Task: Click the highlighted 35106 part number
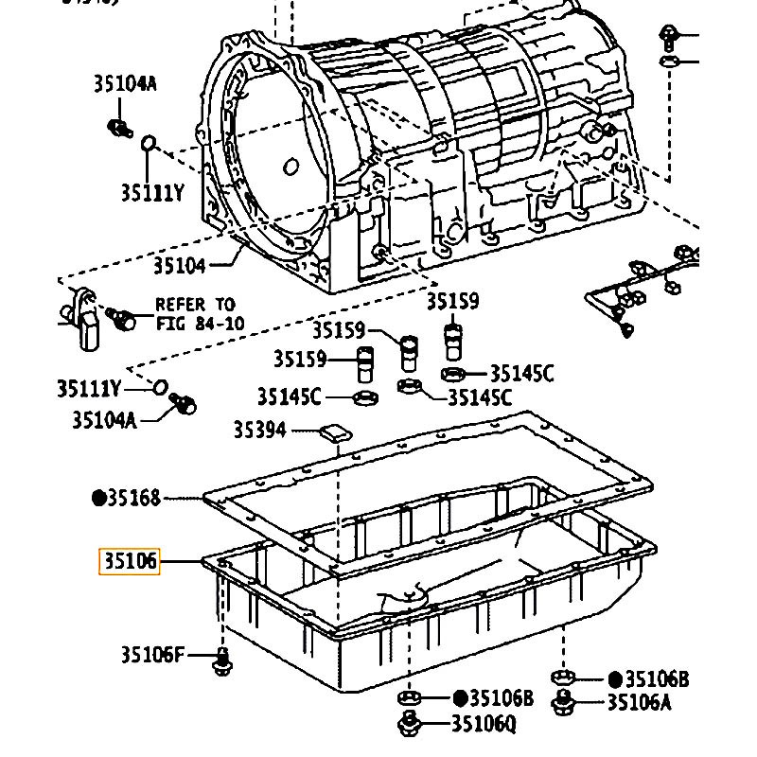tap(130, 561)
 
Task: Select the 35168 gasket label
tap(133, 498)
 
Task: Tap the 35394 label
tap(260, 430)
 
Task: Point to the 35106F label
tap(152, 655)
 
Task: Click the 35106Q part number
tap(484, 723)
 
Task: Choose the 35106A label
tap(640, 702)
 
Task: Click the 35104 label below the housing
tap(180, 266)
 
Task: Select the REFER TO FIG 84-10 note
tap(200, 314)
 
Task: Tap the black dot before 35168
tap(99, 498)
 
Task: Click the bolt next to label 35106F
tap(221, 662)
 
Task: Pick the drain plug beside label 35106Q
tap(409, 723)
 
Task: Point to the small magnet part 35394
tap(336, 432)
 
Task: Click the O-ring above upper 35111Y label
tap(149, 143)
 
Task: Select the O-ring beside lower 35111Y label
tap(160, 387)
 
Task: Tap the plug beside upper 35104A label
tap(120, 128)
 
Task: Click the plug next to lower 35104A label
tap(184, 403)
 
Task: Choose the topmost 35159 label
tap(453, 301)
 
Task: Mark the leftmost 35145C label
tap(290, 396)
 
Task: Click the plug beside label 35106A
tap(563, 702)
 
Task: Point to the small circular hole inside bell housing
tap(290, 167)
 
